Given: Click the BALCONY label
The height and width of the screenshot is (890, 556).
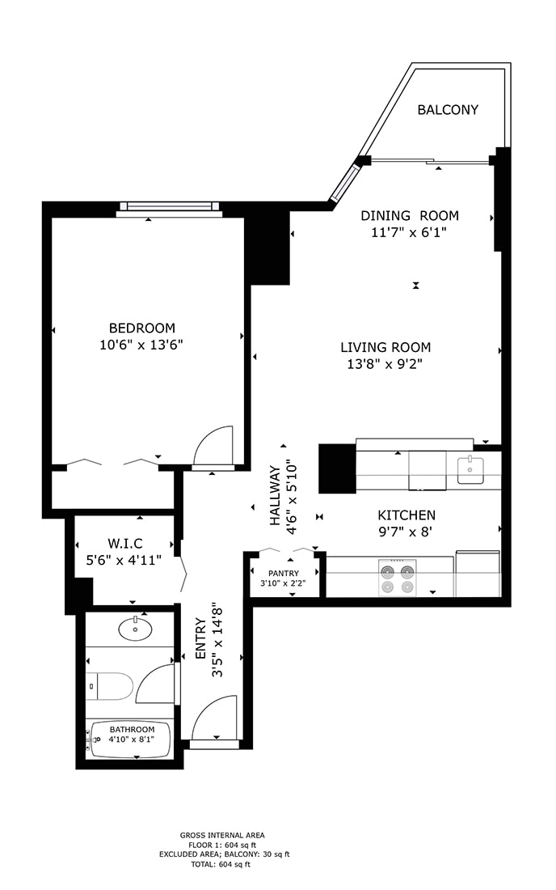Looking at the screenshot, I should [x=448, y=110].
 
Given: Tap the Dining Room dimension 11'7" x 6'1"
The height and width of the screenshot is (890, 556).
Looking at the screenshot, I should [x=409, y=232].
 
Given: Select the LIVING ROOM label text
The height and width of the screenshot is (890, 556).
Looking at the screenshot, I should [x=385, y=347].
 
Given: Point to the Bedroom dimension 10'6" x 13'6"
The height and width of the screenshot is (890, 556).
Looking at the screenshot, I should [x=142, y=344].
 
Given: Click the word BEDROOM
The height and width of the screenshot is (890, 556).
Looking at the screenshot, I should [x=142, y=328].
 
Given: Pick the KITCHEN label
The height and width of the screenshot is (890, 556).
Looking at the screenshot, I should [x=406, y=515].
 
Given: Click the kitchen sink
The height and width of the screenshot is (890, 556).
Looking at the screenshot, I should [x=470, y=470].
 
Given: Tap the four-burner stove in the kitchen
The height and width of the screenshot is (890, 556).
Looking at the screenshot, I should [x=398, y=577].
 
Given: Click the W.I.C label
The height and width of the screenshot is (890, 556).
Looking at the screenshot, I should [x=125, y=543].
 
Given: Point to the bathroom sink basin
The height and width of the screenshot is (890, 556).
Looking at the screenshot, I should [x=134, y=629].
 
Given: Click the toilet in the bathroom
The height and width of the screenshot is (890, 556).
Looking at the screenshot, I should [x=111, y=687].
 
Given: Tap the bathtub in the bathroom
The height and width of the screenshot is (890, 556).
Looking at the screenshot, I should [x=131, y=740].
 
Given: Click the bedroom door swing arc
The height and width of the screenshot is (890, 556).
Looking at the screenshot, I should [x=215, y=446].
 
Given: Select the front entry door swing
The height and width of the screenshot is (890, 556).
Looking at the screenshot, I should [x=215, y=718].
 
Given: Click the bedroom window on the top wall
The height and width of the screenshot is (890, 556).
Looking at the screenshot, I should [x=168, y=207].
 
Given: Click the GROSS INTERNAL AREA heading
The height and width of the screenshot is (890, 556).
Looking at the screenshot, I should [x=222, y=835].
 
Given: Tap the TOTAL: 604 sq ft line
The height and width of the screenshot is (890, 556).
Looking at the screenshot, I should [x=222, y=864].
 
